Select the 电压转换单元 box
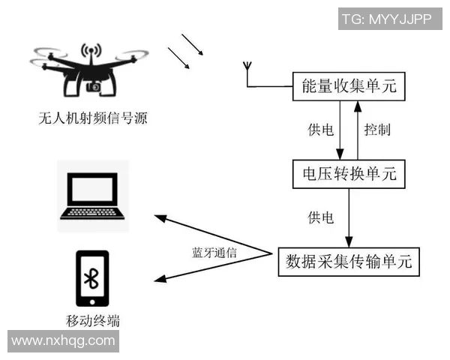point(348,174)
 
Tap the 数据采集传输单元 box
point(348,261)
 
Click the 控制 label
point(376,130)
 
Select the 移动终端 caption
point(93,322)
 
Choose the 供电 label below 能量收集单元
point(320,130)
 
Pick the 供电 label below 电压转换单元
point(320,217)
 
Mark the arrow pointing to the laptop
point(210,233)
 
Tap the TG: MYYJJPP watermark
point(387,19)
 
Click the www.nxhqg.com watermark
point(64,340)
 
